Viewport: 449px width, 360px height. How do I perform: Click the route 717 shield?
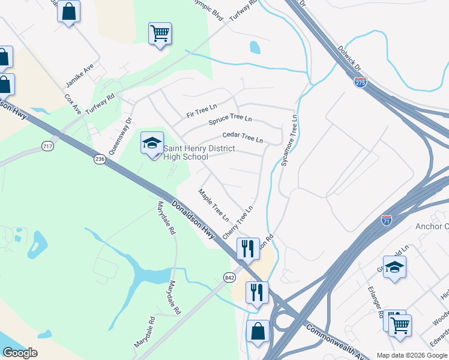(x=48, y=146)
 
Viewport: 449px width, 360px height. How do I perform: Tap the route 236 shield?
(x=100, y=159)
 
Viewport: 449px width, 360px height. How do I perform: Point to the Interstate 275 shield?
(x=360, y=83)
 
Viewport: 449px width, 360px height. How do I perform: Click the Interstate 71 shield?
(x=387, y=221)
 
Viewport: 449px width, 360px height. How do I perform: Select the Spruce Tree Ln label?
(x=230, y=120)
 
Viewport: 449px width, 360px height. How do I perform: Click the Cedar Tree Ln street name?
(x=243, y=138)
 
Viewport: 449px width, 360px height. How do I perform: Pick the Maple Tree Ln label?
(x=214, y=204)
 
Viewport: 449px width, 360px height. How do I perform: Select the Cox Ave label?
(x=73, y=104)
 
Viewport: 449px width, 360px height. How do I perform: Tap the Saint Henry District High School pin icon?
(x=152, y=143)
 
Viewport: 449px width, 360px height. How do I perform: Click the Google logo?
(x=20, y=353)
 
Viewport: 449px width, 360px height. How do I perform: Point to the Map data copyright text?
(x=411, y=355)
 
